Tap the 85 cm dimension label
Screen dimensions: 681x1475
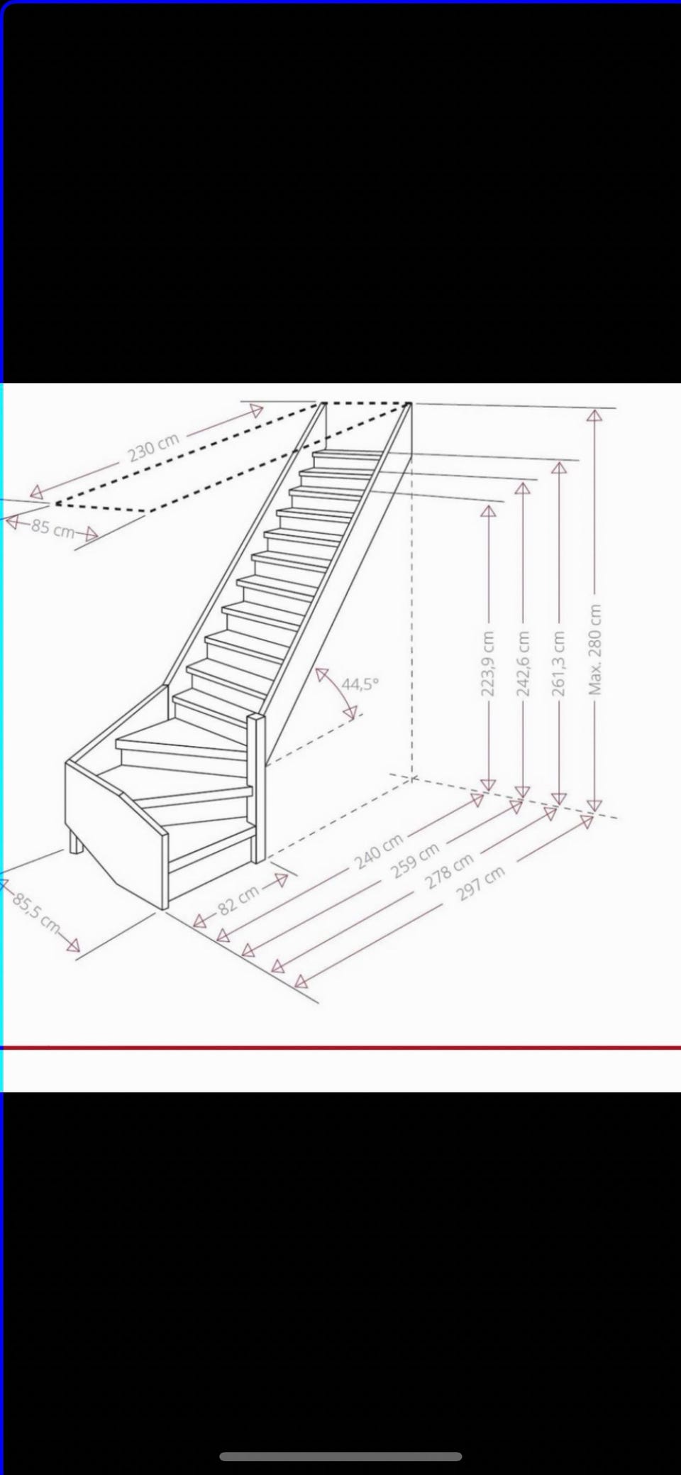(x=52, y=529)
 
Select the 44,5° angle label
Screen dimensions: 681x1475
(x=360, y=684)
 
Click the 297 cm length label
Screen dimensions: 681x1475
(x=482, y=882)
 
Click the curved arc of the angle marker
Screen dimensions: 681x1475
(x=344, y=692)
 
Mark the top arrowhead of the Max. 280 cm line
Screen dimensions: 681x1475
(x=594, y=416)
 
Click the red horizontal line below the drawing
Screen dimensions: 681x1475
(x=340, y=1047)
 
